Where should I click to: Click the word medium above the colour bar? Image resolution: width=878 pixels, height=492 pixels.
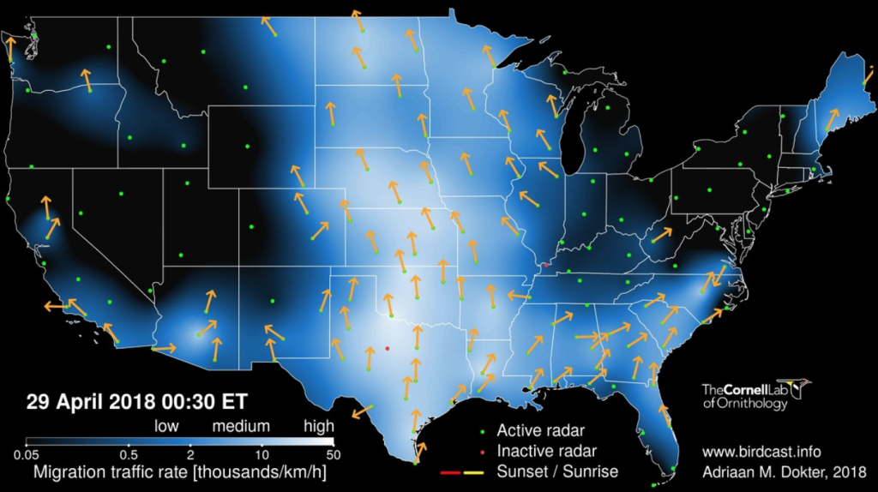(x=241, y=426)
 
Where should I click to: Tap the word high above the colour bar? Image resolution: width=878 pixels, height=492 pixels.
(x=318, y=426)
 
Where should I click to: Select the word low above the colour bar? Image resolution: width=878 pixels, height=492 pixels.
(x=167, y=426)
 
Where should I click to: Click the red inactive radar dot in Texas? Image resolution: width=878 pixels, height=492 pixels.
(x=388, y=348)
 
